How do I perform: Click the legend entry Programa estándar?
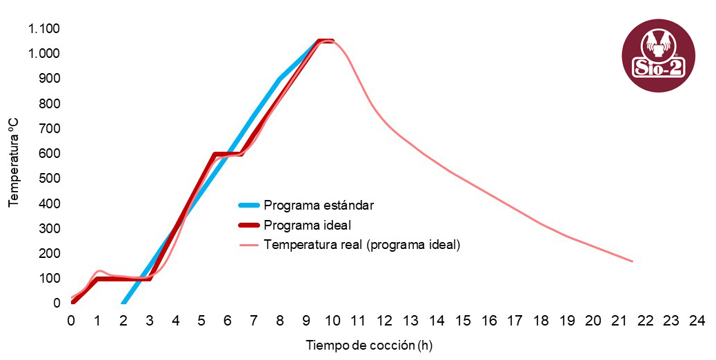coord(319,205)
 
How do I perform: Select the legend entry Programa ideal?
coord(308,225)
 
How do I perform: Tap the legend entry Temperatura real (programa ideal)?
coord(361,244)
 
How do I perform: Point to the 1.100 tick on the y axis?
coord(44,28)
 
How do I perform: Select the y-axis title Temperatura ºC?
coord(13,162)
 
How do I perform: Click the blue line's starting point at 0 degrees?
coord(123,303)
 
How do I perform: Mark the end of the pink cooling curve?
coord(632,261)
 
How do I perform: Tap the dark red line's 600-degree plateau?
coord(228,154)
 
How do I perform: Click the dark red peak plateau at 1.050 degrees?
coord(326,41)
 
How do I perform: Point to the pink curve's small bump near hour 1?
coord(99,270)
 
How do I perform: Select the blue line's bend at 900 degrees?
coord(279,79)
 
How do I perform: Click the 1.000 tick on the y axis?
coord(44,53)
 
